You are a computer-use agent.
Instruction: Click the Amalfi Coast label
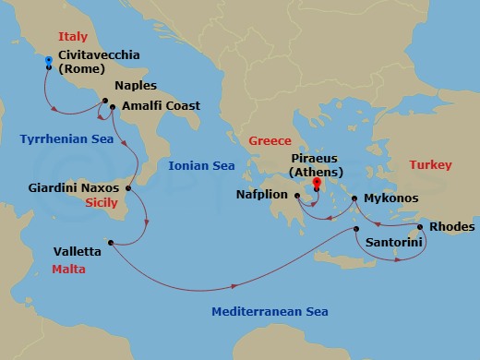pos(162,106)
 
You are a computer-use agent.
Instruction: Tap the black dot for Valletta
pos(110,243)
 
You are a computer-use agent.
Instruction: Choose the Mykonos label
pos(391,198)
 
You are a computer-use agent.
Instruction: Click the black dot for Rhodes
pos(420,227)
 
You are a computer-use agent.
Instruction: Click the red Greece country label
pos(270,141)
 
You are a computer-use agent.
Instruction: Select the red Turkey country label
pos(431,165)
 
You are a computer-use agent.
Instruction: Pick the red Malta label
pos(69,269)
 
